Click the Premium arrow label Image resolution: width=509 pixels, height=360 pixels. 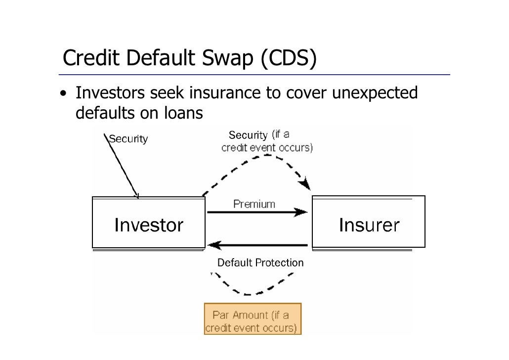click(254, 204)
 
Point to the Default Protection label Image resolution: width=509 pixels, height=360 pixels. click(260, 263)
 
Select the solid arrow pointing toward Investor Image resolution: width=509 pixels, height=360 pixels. click(257, 245)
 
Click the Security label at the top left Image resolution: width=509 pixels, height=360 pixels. click(128, 139)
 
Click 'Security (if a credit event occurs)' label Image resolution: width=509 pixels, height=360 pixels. click(266, 141)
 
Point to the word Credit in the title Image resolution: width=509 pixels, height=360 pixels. click(91, 59)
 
